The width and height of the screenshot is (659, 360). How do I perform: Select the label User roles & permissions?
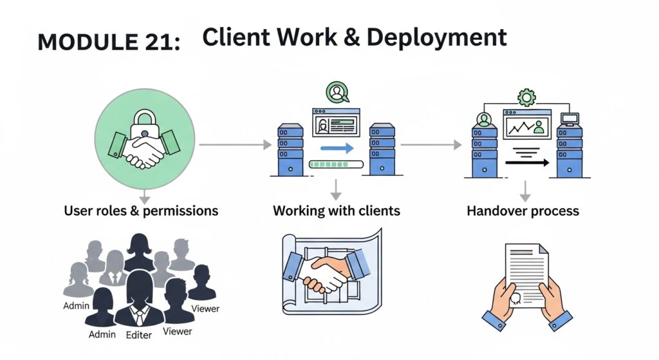coord(141,211)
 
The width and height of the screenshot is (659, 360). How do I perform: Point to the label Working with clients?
coord(336,211)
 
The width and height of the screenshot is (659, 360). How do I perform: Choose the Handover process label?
coord(523,211)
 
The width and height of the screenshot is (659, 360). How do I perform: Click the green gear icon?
coord(526,97)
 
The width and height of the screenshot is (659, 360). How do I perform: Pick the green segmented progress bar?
coord(335,165)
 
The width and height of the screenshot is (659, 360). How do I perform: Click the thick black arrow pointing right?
coord(526,163)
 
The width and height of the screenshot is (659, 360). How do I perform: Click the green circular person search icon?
coord(337,93)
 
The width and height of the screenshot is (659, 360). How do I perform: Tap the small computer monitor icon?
coord(570,118)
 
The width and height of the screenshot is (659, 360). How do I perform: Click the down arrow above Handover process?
coord(526,191)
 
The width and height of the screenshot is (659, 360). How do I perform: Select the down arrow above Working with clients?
coord(335,189)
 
